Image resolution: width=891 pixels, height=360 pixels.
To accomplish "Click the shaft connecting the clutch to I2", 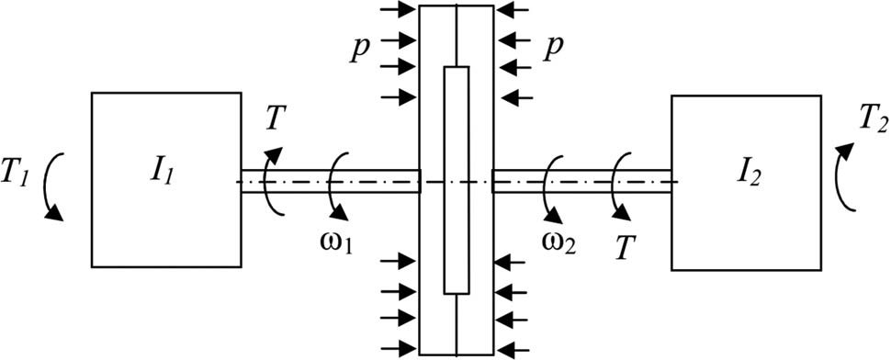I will (582, 181).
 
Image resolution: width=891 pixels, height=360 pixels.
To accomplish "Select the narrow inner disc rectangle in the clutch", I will (457, 179).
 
